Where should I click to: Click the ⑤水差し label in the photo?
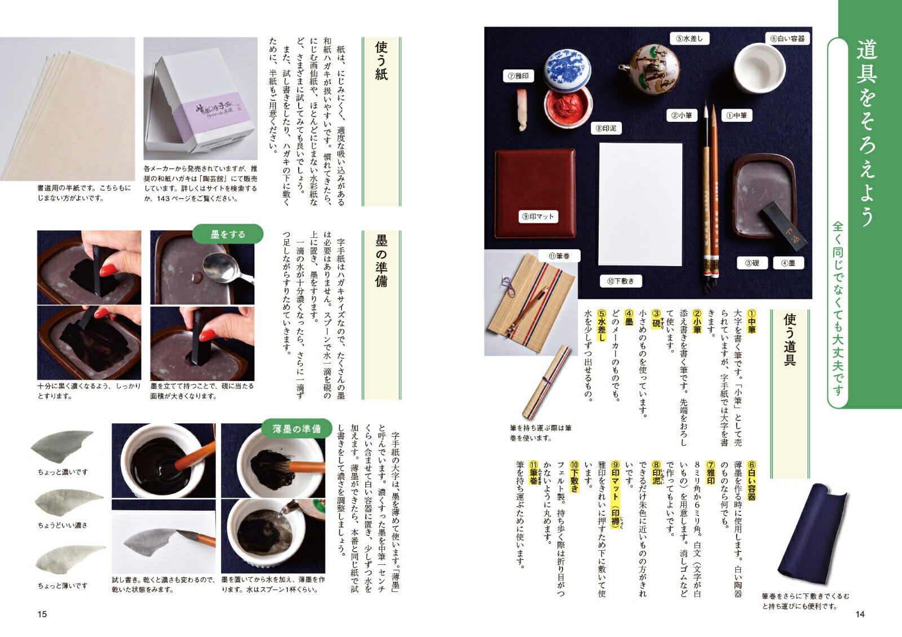pyautogui.click(x=689, y=39)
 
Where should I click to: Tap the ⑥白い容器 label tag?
pyautogui.click(x=787, y=39)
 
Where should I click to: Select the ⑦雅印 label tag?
pyautogui.click(x=518, y=76)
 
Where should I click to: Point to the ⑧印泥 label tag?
pyautogui.click(x=605, y=129)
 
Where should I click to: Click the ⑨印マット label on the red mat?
pyautogui.click(x=538, y=216)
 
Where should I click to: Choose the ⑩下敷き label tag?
pyautogui.click(x=620, y=281)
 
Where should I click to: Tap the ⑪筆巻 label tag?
pyautogui.click(x=559, y=256)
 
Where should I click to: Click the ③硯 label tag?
pyautogui.click(x=752, y=263)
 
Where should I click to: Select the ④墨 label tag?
pyautogui.click(x=788, y=263)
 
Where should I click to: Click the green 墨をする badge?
pyautogui.click(x=228, y=234)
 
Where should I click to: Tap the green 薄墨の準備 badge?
pyautogui.click(x=297, y=428)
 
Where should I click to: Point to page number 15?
pyautogui.click(x=42, y=614)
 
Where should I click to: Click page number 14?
pyautogui.click(x=860, y=614)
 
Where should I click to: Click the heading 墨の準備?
pyautogui.click(x=381, y=261)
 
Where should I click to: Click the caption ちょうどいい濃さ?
pyautogui.click(x=63, y=525)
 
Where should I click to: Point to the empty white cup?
pyautogui.click(x=759, y=68)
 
